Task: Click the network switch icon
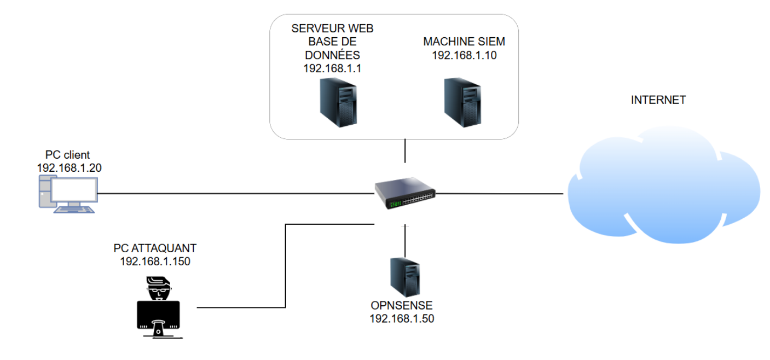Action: click(405, 194)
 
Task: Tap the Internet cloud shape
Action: click(663, 186)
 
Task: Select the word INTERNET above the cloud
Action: click(658, 100)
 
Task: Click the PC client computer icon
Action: click(67, 195)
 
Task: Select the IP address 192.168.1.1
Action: click(333, 69)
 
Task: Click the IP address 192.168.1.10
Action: click(464, 55)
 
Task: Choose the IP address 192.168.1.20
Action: click(69, 168)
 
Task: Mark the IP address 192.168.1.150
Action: click(155, 261)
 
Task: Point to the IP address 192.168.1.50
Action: click(402, 318)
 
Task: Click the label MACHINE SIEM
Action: click(464, 42)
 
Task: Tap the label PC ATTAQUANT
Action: click(155, 248)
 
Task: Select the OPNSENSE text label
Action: click(402, 305)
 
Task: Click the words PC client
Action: click(67, 155)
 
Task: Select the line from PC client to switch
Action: click(235, 193)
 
